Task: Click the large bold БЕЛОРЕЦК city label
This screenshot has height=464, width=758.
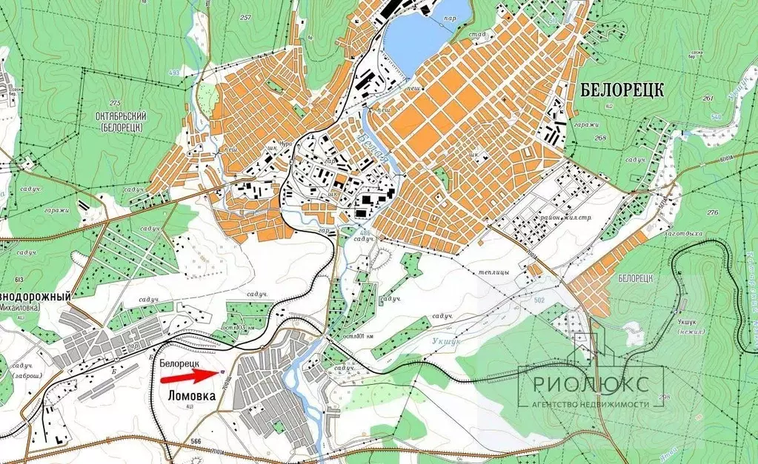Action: click(x=622, y=90)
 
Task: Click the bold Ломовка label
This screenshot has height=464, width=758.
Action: click(x=188, y=396)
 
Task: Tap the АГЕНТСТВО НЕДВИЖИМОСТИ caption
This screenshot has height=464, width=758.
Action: click(x=590, y=404)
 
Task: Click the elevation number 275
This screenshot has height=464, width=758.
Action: click(x=114, y=103)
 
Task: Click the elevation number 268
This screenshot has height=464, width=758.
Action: click(x=599, y=138)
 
